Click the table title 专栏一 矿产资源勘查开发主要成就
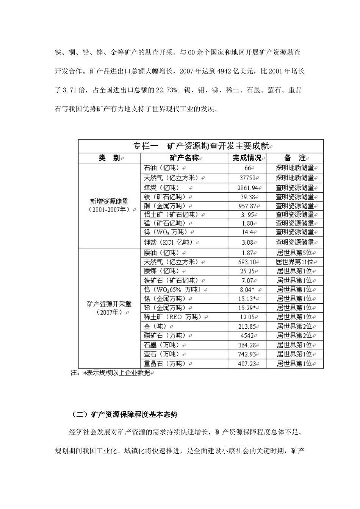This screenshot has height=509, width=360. point(201,146)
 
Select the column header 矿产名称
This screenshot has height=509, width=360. point(183,158)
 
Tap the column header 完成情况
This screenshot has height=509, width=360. point(247,158)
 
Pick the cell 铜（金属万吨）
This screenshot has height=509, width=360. point(165,206)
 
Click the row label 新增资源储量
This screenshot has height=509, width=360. point(109,201)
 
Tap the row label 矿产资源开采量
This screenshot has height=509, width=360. point(109,304)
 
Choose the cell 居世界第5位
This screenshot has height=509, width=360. point(294,253)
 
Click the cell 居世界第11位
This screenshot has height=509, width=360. point(294,262)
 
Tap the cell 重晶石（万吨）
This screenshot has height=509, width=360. point(165,364)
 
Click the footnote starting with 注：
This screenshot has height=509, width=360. point(110,373)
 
